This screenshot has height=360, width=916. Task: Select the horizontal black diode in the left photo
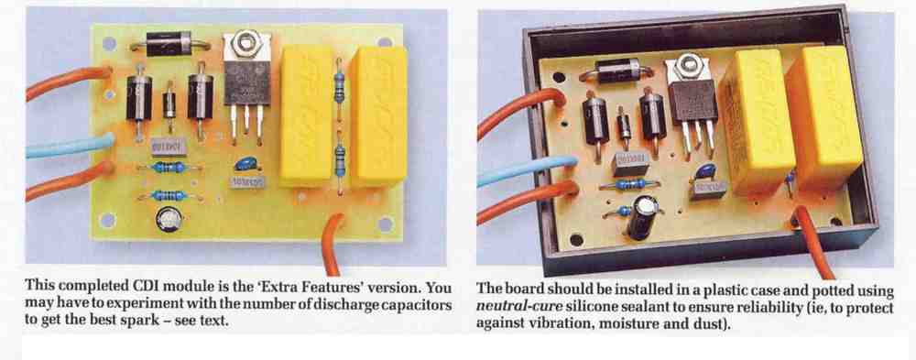(x=169, y=44)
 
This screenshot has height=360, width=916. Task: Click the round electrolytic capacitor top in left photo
(x=169, y=221)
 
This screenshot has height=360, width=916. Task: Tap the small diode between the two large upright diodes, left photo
(x=169, y=104)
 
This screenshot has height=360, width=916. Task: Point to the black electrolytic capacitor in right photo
(x=642, y=217)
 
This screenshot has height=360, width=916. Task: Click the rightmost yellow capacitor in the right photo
(x=824, y=117)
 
